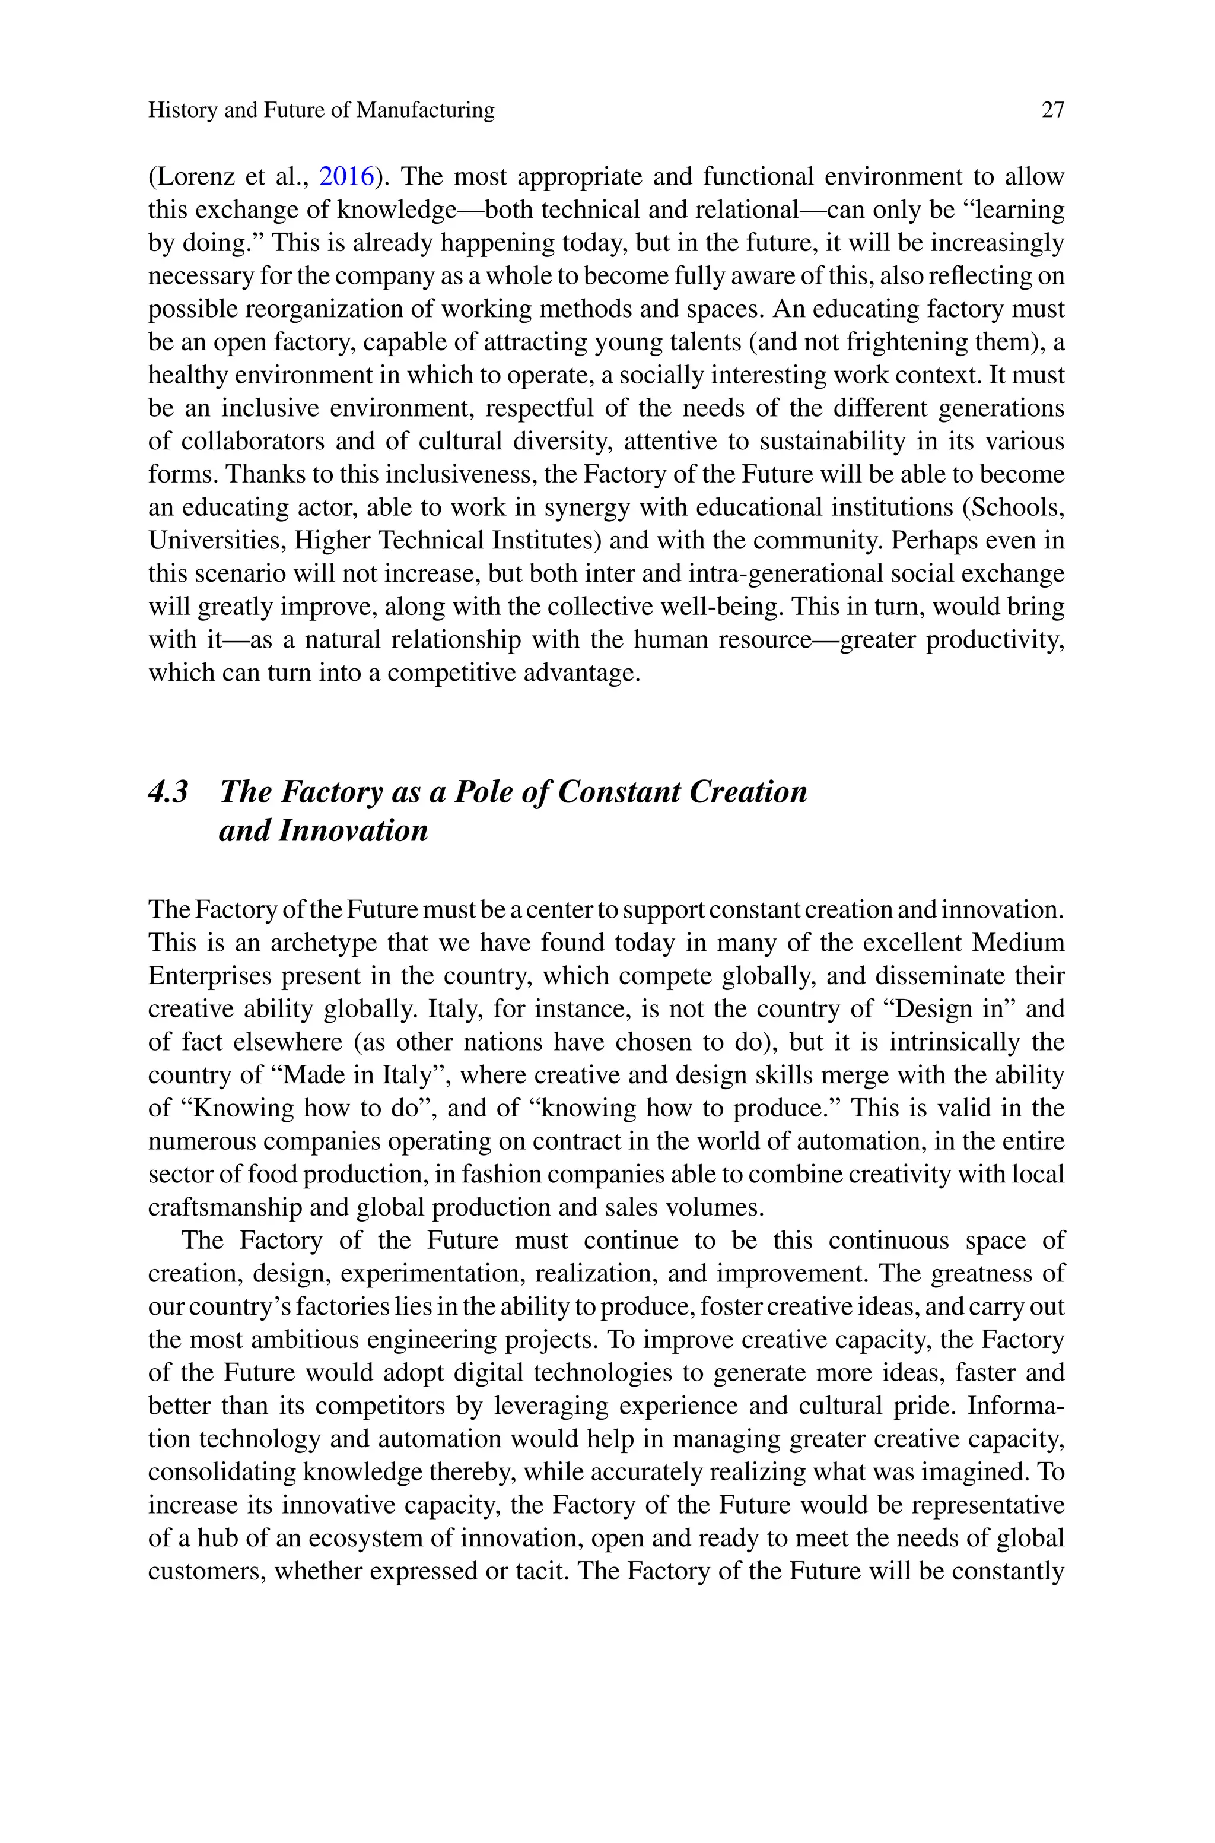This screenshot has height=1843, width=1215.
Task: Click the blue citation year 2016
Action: pos(346,177)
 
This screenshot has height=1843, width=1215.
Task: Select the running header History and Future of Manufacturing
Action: pos(321,110)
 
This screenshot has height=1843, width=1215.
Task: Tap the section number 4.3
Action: pos(168,792)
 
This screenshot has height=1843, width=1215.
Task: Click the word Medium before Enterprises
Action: pos(1018,943)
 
